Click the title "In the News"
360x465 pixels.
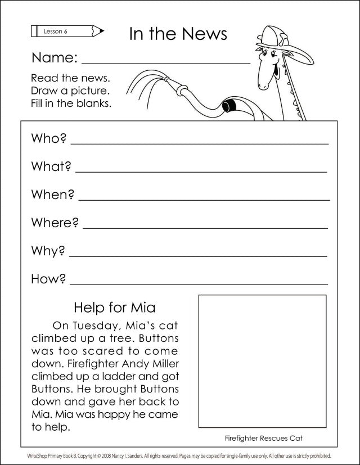pyautogui.click(x=178, y=34)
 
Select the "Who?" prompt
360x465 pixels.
pyautogui.click(x=49, y=138)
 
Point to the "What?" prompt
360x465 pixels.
pyautogui.click(x=51, y=166)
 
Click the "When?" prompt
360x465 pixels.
pyautogui.click(x=53, y=195)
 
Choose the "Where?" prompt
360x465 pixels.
pyautogui.click(x=55, y=223)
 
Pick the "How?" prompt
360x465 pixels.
pyautogui.click(x=49, y=279)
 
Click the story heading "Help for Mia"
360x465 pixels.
pyautogui.click(x=115, y=308)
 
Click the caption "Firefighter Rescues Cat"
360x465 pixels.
pyautogui.click(x=260, y=437)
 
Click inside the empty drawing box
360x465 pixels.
pyautogui.click(x=262, y=361)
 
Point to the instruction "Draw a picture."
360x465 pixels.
pyautogui.click(x=70, y=91)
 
